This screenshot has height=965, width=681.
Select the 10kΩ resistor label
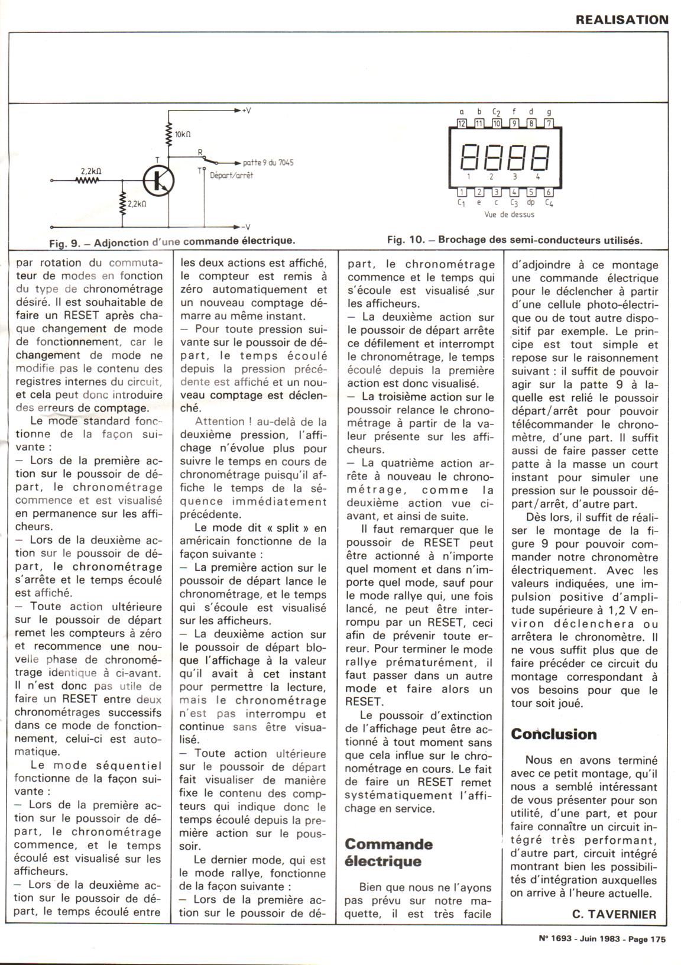click(183, 134)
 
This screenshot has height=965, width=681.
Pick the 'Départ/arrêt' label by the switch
click(231, 176)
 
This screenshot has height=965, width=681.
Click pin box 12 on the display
click(462, 124)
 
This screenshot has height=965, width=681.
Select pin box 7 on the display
click(548, 124)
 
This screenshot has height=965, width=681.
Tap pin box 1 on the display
click(462, 192)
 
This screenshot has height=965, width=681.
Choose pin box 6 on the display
click(548, 192)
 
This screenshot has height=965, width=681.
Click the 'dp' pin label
click(531, 203)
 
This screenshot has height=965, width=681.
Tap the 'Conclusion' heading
click(554, 734)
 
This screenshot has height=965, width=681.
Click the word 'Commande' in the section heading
click(388, 844)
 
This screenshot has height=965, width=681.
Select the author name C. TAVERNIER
click(614, 914)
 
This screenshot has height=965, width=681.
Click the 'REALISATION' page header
click(622, 20)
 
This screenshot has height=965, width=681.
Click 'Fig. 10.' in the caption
click(407, 241)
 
